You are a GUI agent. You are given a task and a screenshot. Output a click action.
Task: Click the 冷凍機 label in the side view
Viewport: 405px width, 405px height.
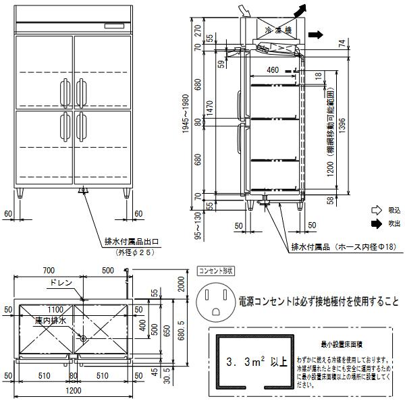[277, 30]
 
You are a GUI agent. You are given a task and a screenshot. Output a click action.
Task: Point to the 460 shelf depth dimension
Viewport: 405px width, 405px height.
[273, 70]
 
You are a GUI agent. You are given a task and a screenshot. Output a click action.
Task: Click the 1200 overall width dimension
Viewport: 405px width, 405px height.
[73, 391]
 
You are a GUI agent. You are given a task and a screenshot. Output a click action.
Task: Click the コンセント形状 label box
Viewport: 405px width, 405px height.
[214, 271]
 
